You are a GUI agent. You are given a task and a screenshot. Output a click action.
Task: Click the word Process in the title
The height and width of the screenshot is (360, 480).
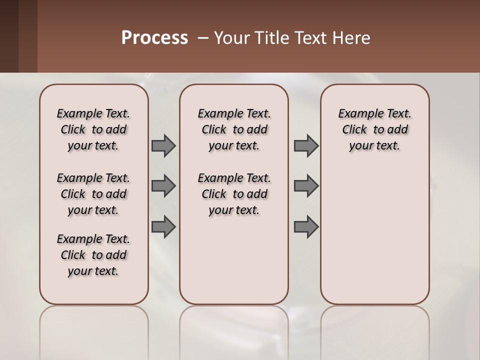[x=154, y=37]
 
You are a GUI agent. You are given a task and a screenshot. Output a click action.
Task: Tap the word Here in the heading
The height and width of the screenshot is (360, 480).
[x=352, y=37]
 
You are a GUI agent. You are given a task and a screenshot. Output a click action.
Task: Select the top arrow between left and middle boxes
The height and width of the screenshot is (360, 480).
[x=163, y=146]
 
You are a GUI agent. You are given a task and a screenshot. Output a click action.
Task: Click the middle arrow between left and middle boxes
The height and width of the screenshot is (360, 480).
[x=163, y=186]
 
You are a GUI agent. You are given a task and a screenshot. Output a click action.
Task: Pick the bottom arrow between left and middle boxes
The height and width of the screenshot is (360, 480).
[x=163, y=226]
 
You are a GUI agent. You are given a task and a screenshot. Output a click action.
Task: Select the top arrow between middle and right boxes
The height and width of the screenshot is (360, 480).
[x=305, y=146]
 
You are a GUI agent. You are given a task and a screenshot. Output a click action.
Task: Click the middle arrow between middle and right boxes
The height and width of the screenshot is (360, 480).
[x=305, y=186]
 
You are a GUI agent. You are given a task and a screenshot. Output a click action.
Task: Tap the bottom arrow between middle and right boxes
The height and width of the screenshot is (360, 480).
[x=305, y=226]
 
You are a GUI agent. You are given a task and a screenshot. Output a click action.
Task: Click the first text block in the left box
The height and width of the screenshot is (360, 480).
[x=93, y=129]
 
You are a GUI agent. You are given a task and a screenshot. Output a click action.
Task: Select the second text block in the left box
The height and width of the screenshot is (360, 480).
[x=93, y=194]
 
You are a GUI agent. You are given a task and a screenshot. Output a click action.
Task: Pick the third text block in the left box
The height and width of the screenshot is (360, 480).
[x=93, y=255]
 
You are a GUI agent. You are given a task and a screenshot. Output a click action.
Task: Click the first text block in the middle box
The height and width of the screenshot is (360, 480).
[x=234, y=129]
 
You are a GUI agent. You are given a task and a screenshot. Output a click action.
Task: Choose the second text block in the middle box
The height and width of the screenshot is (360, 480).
[x=234, y=194]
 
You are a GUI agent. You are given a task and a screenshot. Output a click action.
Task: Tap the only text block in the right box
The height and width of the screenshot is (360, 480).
[x=375, y=129]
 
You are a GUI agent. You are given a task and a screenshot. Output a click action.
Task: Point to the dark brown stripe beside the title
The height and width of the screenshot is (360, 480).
[x=18, y=36]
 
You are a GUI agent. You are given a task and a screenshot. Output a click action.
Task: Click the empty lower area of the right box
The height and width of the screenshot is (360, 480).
[x=375, y=240]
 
